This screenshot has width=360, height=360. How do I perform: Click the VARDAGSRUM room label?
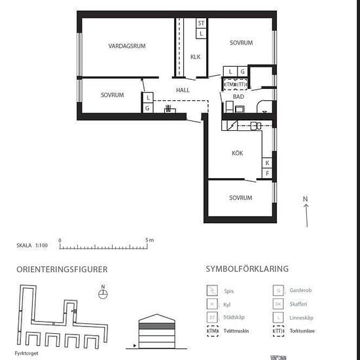point(126,46)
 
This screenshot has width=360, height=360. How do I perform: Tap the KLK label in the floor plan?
point(195,57)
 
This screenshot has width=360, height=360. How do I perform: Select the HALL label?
point(183,90)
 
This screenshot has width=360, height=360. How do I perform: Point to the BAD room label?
point(238,97)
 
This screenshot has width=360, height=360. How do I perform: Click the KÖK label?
point(237,153)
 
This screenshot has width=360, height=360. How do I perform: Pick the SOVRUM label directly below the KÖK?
point(240,198)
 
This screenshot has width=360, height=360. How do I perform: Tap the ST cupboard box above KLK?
point(201,23)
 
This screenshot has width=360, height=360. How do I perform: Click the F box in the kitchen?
point(267,173)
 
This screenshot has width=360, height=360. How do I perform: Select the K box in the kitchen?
point(267,162)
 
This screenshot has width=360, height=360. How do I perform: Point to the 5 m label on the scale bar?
point(150,240)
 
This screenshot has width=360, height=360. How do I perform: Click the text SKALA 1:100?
point(32,246)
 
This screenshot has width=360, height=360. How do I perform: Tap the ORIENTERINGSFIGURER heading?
point(62,269)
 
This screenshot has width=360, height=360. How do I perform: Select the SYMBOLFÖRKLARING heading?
point(247,269)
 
